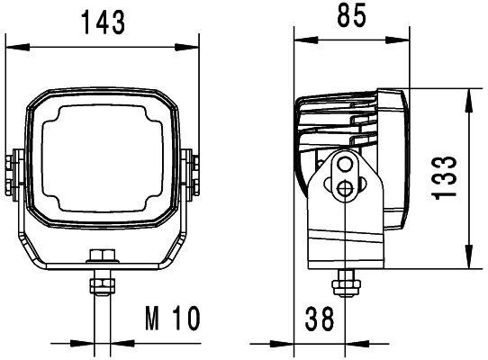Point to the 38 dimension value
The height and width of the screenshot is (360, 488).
(x=321, y=318)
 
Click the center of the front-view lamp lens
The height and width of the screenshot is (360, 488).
(x=100, y=161)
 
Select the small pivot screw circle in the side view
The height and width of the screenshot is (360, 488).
(x=346, y=187)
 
